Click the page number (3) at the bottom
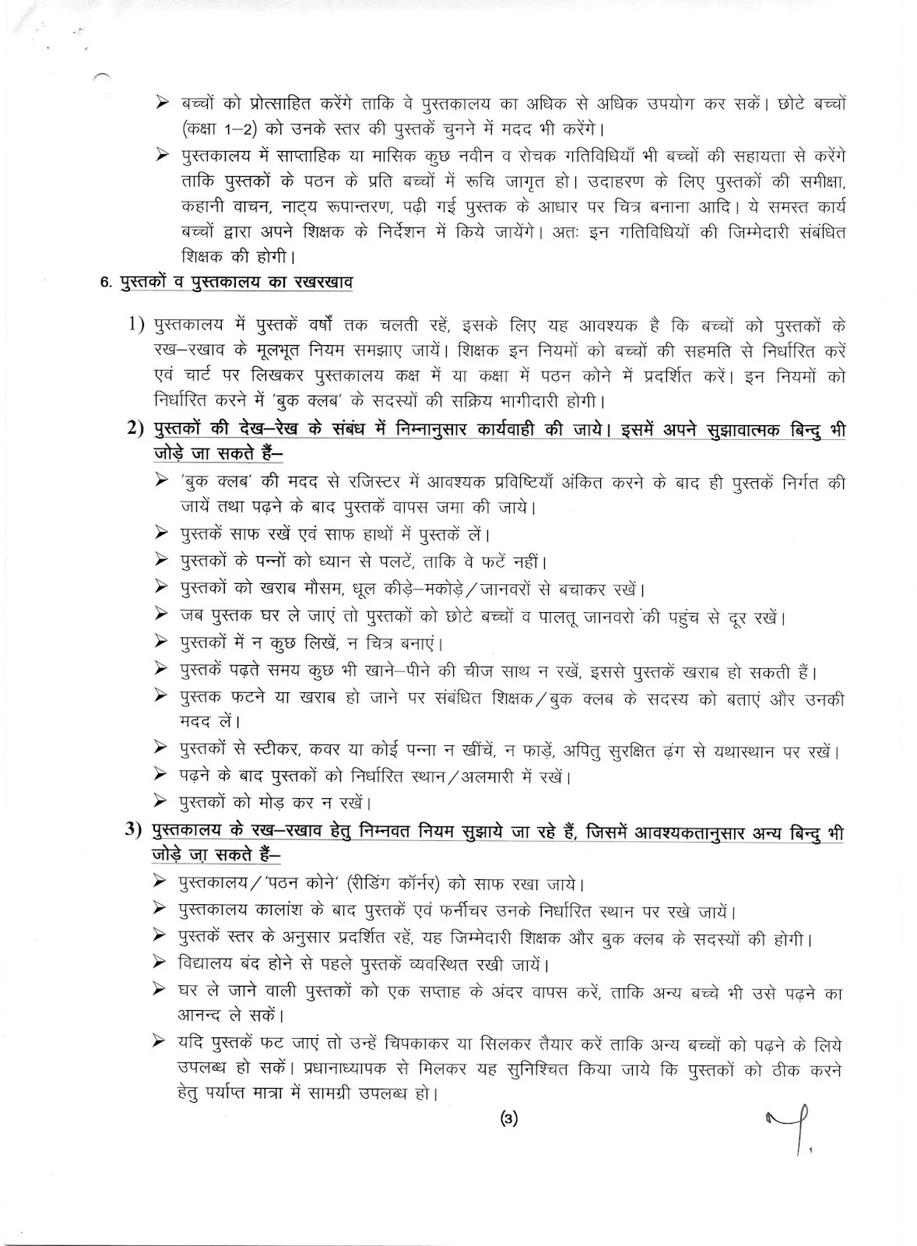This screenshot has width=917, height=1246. click(508, 1120)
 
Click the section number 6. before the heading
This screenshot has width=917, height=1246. click(107, 283)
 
